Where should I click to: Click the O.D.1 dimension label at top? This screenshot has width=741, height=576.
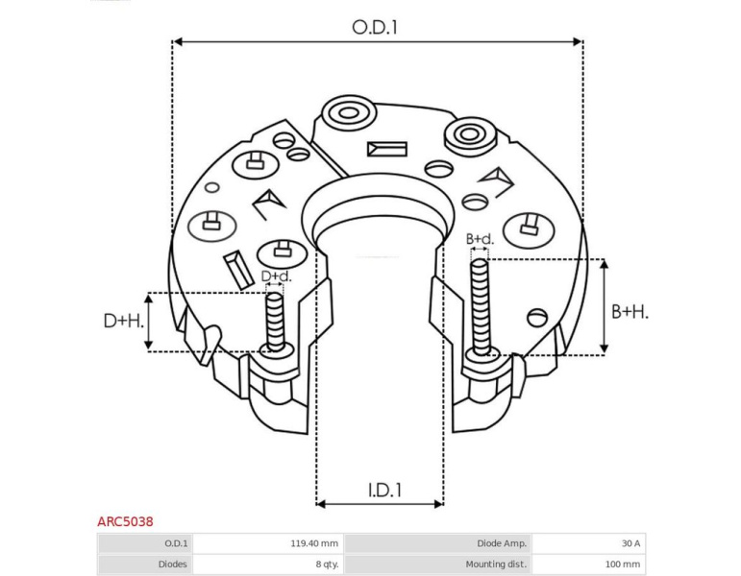(x=375, y=27)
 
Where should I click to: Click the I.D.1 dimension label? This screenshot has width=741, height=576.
(x=384, y=491)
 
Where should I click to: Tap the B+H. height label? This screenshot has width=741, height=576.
(x=630, y=312)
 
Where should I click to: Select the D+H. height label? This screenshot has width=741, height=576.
(x=124, y=321)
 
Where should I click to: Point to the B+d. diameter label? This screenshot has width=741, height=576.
(x=480, y=239)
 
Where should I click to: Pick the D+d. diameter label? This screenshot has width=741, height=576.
(x=277, y=276)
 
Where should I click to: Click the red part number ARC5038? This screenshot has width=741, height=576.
(x=125, y=521)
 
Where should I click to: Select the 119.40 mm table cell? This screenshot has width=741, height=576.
(x=314, y=543)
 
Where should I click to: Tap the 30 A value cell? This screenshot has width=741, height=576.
(x=630, y=543)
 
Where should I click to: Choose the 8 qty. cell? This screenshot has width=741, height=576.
(x=328, y=564)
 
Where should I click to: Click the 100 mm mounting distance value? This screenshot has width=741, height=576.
(x=623, y=564)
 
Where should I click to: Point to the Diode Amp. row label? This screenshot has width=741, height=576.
(x=502, y=543)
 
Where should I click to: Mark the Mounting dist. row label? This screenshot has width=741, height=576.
(x=496, y=564)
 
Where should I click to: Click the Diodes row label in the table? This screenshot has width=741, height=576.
(x=172, y=564)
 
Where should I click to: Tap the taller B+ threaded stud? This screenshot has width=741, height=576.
(x=481, y=307)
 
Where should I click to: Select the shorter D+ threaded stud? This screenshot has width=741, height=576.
(x=275, y=322)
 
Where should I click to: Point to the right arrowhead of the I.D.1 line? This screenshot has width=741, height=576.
(x=438, y=504)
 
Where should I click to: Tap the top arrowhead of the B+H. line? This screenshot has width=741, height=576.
(x=604, y=264)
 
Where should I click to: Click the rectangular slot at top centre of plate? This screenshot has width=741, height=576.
(x=387, y=149)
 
